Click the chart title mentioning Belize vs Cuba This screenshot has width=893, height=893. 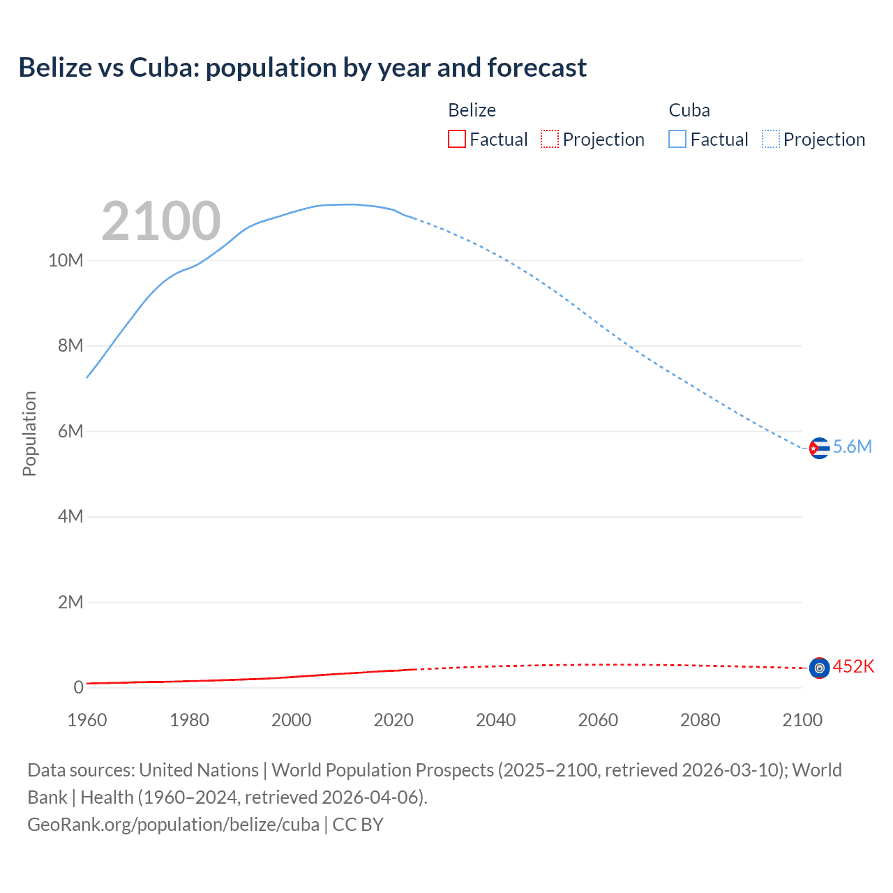(x=302, y=68)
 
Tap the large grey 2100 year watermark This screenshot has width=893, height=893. (x=161, y=221)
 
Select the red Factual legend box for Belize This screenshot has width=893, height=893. (x=456, y=139)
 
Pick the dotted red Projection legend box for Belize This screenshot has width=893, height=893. (x=550, y=139)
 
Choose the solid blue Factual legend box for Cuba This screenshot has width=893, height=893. (x=677, y=139)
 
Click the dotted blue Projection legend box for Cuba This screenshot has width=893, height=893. (x=770, y=139)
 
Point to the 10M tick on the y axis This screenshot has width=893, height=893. (x=66, y=260)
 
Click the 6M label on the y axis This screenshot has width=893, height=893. (x=70, y=431)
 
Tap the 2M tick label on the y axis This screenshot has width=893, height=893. (x=70, y=602)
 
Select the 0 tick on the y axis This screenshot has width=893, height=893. (x=78, y=687)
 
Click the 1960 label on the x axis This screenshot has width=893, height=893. (x=87, y=720)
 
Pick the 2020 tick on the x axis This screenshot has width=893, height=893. (x=393, y=720)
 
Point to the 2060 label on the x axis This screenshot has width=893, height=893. (x=598, y=720)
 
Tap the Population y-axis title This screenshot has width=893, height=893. (x=29, y=433)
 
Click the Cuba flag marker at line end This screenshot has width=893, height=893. (x=819, y=448)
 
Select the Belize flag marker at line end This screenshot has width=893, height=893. (x=819, y=668)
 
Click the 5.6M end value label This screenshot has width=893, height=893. (x=853, y=447)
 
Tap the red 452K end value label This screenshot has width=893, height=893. (x=853, y=667)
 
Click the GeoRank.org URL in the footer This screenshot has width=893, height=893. (x=173, y=825)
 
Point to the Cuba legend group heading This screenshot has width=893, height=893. (x=689, y=110)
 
